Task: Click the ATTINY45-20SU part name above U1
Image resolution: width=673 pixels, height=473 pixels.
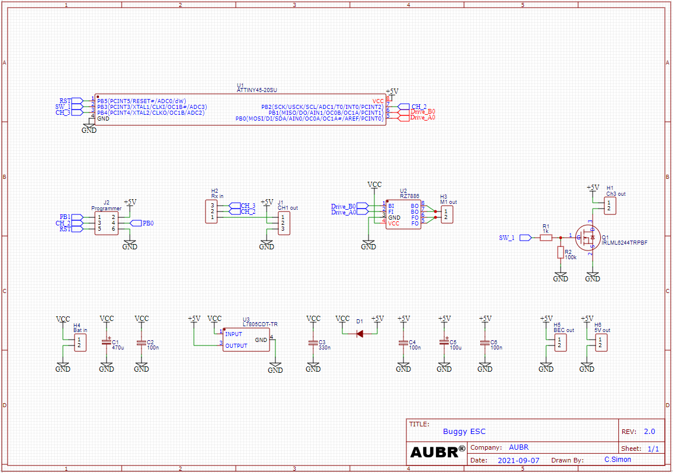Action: coord(257,90)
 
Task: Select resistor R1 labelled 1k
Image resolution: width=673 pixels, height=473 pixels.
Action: coord(546,238)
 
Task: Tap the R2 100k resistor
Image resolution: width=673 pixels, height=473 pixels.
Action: coord(561,252)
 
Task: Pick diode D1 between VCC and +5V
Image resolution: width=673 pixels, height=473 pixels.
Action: coord(359,334)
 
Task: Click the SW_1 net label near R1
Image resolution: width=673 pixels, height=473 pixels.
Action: coord(506,238)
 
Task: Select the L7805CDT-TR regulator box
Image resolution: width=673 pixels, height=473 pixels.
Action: coord(246,340)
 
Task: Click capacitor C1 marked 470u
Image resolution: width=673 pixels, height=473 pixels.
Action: coord(107,343)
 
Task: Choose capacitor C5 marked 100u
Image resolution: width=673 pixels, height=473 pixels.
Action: coord(444,343)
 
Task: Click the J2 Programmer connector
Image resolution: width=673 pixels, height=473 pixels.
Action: coord(107,223)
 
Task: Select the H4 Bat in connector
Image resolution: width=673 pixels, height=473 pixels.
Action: coord(80,343)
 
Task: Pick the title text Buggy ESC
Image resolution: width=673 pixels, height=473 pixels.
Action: coord(464,432)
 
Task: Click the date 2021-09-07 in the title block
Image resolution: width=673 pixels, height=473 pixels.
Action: coord(518,460)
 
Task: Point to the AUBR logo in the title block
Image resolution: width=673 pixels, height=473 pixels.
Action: coord(437,451)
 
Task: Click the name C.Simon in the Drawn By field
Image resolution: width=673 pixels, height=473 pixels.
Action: coord(617,460)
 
